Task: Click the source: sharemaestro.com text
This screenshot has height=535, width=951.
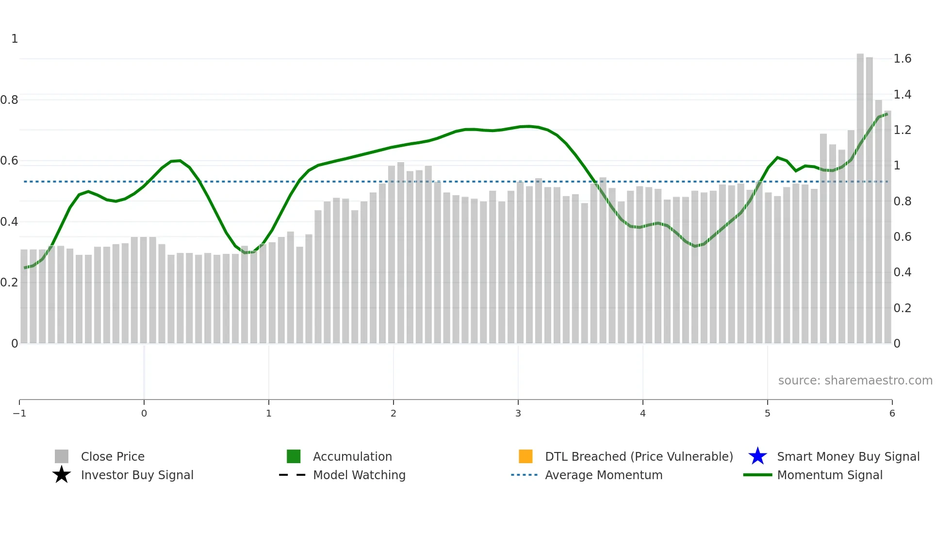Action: tap(855, 381)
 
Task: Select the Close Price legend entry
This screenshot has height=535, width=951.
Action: tap(113, 457)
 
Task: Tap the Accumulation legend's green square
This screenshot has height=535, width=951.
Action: tap(294, 456)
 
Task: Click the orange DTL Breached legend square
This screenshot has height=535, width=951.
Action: tap(525, 456)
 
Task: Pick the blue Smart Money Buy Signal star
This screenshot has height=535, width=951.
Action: tap(757, 456)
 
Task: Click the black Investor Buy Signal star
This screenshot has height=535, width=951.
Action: tap(62, 475)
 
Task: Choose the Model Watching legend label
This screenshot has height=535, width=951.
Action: tap(359, 475)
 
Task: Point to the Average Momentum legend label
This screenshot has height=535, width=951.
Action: tap(604, 475)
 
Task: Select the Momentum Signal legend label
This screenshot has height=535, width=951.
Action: tap(830, 475)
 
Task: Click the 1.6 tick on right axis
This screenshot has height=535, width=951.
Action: tap(902, 59)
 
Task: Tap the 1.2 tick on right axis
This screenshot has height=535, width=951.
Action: tap(902, 130)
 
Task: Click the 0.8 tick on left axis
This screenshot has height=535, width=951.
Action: tap(9, 100)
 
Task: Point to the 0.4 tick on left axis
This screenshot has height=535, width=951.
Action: tap(9, 222)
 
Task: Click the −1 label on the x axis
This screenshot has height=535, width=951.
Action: tap(19, 414)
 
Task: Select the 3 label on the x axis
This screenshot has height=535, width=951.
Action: tap(518, 414)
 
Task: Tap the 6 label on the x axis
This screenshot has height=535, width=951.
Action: tap(892, 414)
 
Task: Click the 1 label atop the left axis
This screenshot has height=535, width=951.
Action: tap(15, 39)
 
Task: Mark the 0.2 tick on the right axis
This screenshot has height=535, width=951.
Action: tap(902, 308)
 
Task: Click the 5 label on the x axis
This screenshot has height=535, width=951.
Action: tap(767, 414)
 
